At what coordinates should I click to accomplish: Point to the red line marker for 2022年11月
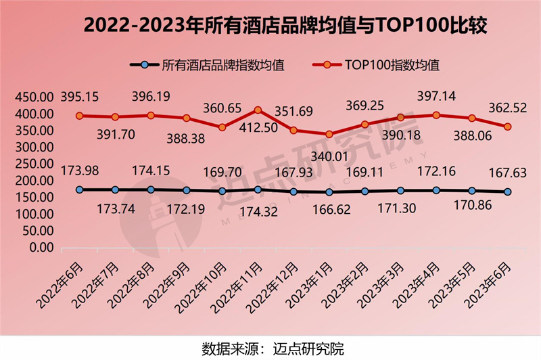(258, 110)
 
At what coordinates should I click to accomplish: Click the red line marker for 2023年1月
(329, 134)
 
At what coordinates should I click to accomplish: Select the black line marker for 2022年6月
(80, 189)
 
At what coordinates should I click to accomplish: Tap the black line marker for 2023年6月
(507, 192)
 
